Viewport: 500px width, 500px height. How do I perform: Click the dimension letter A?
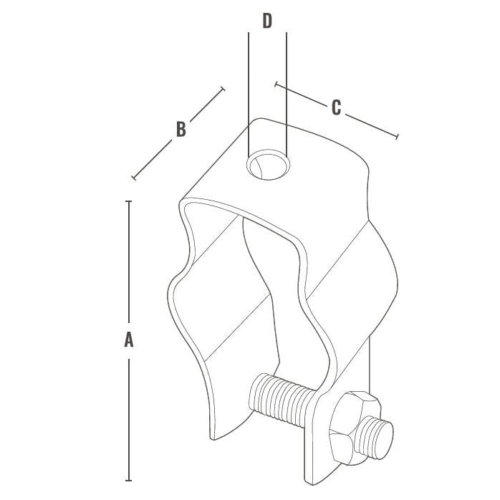(129, 340)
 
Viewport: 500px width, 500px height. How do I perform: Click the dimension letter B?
(181, 129)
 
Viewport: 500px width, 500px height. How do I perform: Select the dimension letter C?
(335, 108)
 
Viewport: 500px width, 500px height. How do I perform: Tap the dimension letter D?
(267, 21)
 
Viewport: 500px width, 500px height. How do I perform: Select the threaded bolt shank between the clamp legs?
(283, 402)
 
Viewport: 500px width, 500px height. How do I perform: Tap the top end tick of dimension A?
(129, 201)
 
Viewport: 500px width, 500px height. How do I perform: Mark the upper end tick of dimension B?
(223, 89)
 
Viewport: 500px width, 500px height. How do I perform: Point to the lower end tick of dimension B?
(133, 177)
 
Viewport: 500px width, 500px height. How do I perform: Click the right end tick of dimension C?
(396, 136)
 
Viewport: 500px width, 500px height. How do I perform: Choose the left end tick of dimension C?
(276, 84)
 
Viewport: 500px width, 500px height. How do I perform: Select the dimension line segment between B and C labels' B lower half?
(153, 158)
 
